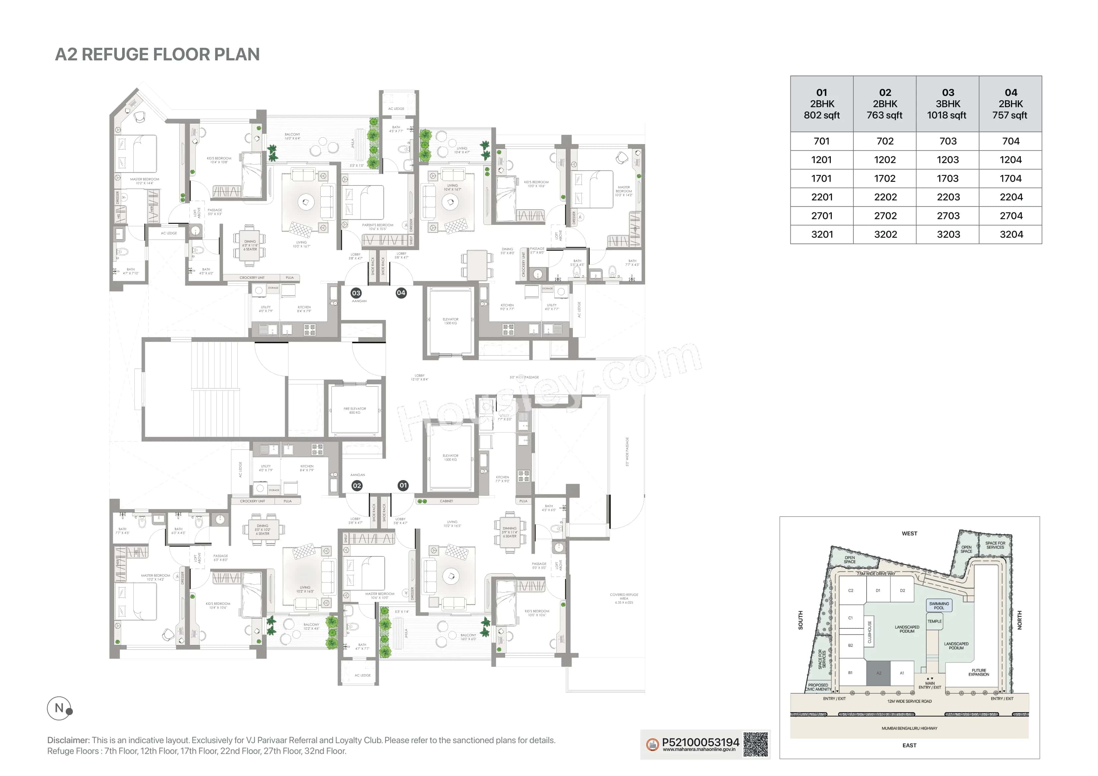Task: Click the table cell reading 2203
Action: pyautogui.click(x=948, y=197)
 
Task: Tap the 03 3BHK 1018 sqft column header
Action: pyautogui.click(x=947, y=104)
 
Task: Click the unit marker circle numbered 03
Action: pyautogui.click(x=356, y=293)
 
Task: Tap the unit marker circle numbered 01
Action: pyautogui.click(x=403, y=485)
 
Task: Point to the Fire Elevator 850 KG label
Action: pyautogui.click(x=354, y=410)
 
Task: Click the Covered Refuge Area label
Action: pyautogui.click(x=624, y=598)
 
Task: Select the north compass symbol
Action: pyautogui.click(x=60, y=708)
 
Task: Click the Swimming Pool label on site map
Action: pyautogui.click(x=939, y=605)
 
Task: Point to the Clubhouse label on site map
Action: pyautogui.click(x=869, y=632)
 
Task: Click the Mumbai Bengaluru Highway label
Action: pyautogui.click(x=909, y=728)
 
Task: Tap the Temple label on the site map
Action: pyautogui.click(x=934, y=622)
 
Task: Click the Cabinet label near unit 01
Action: pyautogui.click(x=446, y=501)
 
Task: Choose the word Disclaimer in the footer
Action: pyautogui.click(x=68, y=740)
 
